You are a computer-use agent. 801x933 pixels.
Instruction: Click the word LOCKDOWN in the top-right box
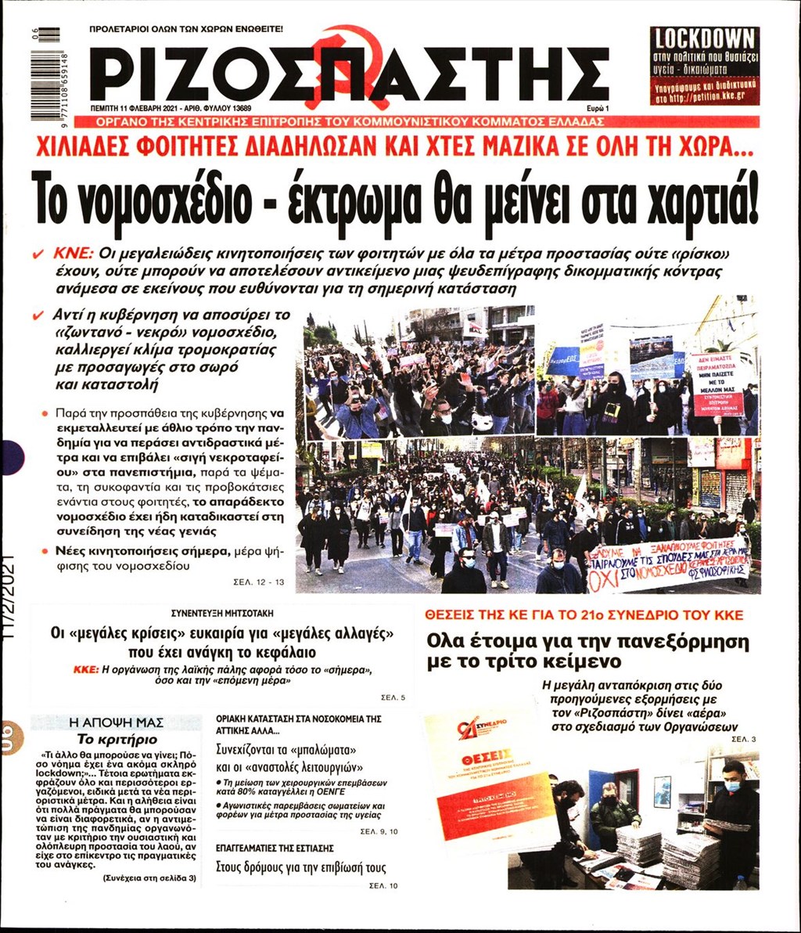[705, 38]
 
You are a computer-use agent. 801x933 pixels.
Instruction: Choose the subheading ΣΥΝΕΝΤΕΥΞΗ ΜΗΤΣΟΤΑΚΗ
[223, 614]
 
